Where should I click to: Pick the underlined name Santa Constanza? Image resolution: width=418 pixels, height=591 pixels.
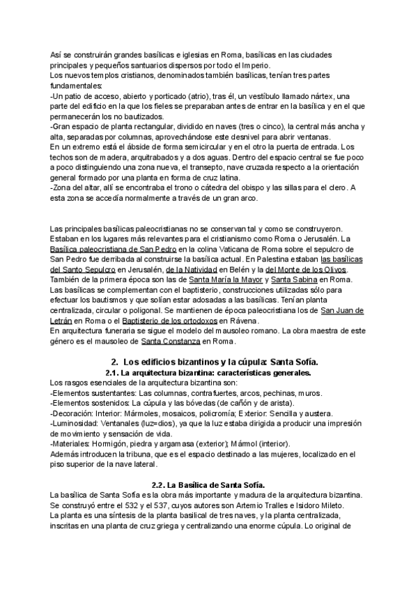coord(170,341)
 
